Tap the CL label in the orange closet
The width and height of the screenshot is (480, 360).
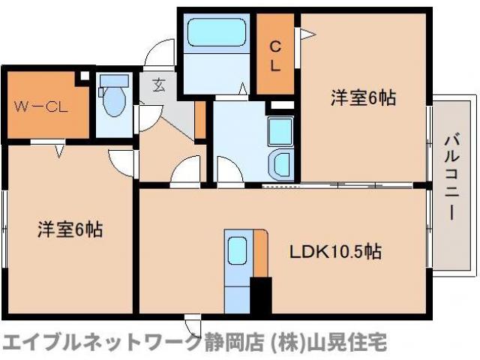pos(275,56)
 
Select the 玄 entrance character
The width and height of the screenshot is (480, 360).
pos(160,85)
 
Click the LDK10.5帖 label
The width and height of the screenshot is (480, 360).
pos(336,252)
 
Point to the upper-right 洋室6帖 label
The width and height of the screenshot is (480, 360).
pos(364,97)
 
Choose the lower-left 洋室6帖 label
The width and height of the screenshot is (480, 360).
pos(70,229)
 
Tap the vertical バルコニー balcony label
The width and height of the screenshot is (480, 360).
pos(451,177)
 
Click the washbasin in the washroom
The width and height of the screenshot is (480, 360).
pos(282,163)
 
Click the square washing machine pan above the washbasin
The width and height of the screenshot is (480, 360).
pos(280,132)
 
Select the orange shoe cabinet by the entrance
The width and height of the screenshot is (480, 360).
pos(199,118)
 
